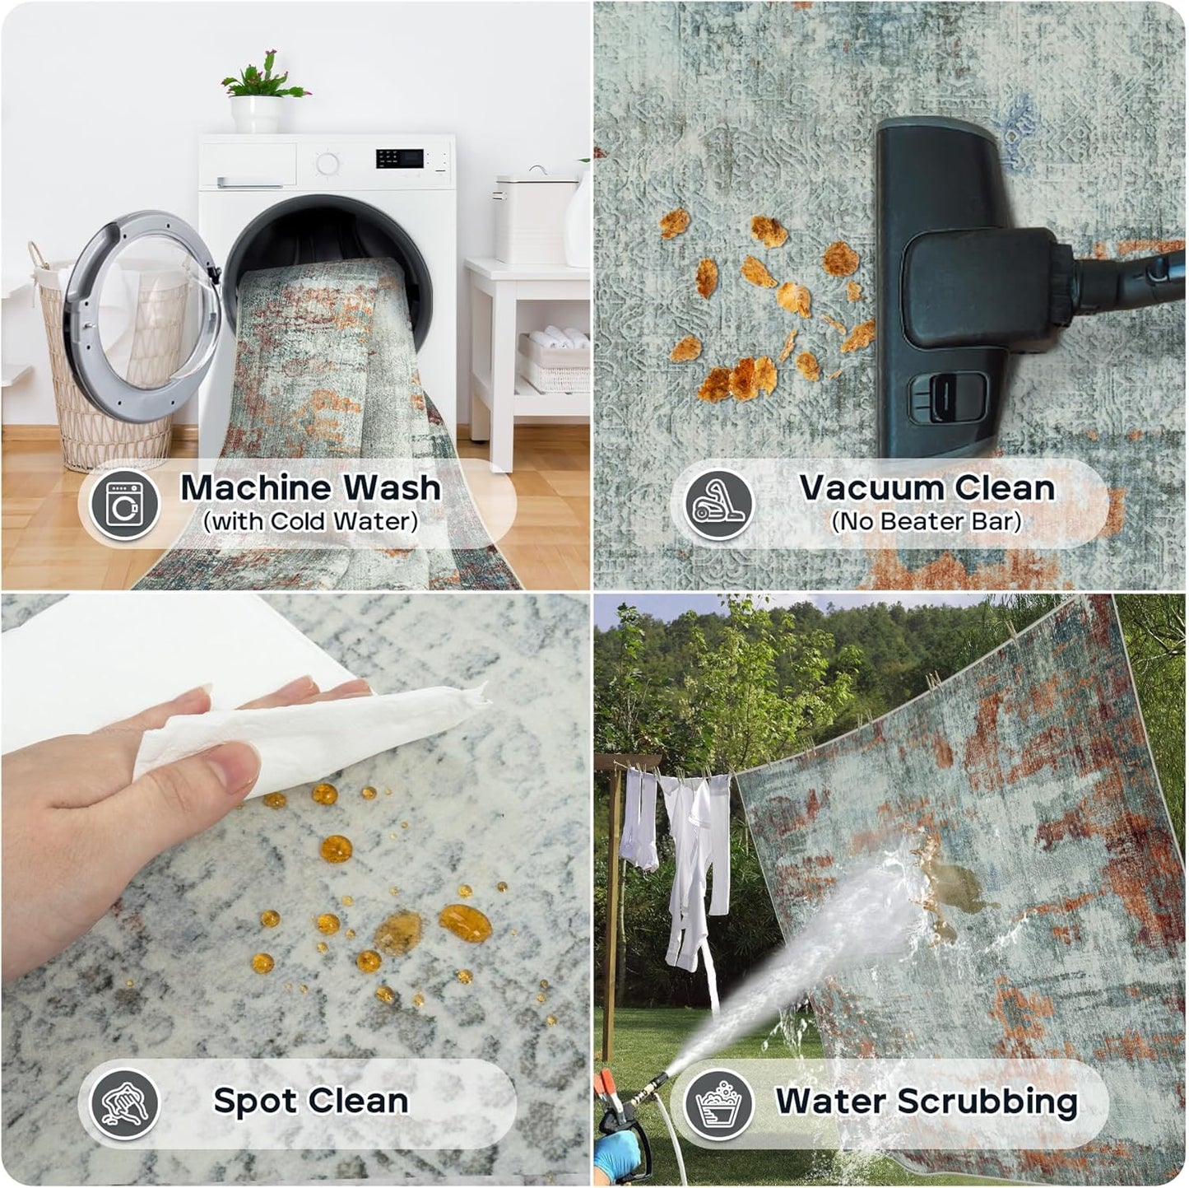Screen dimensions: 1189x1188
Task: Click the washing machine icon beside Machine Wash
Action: pos(124,505)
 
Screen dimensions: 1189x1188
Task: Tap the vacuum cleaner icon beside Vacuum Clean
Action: pos(719,505)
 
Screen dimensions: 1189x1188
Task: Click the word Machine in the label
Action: pos(256,487)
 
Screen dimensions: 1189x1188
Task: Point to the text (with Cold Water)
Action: pos(311,522)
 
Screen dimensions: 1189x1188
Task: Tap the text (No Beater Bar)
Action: pos(927,522)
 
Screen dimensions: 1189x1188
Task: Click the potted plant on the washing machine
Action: pos(264,91)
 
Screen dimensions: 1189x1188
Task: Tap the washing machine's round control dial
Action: pos(327,163)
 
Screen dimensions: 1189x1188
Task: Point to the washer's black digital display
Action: pos(400,159)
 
